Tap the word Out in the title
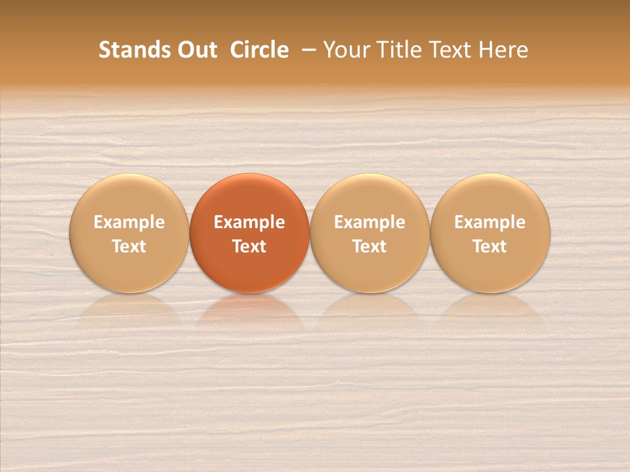196,50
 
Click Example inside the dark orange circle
249,222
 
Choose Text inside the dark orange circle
249,246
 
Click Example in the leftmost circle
129,222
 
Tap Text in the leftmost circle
129,246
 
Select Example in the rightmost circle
490,222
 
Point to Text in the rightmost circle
490,246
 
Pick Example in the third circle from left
369,222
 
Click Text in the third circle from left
369,246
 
